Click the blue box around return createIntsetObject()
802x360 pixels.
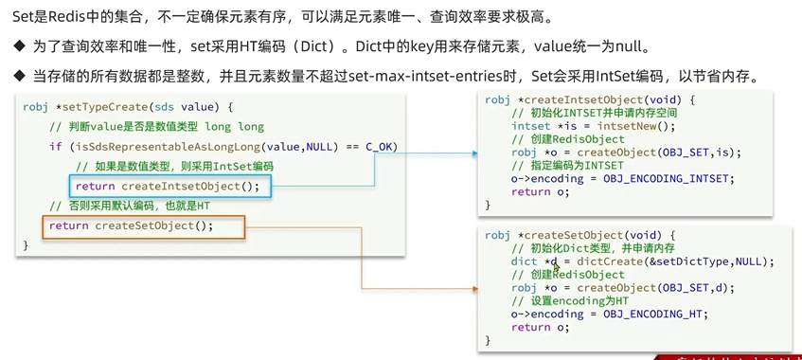[169, 186]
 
